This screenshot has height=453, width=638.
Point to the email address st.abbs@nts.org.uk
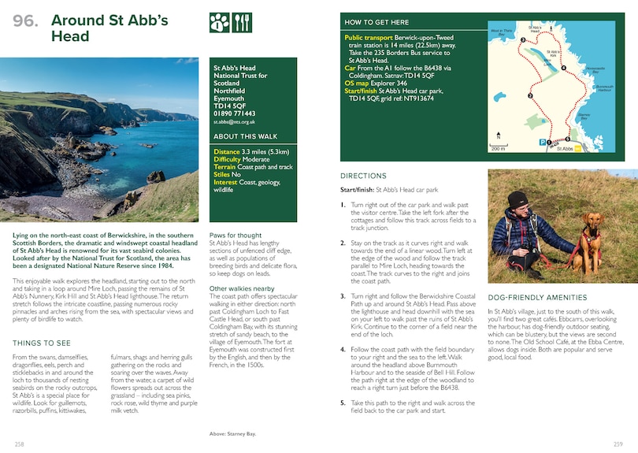(x=235, y=122)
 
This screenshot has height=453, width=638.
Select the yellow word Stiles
(x=224, y=174)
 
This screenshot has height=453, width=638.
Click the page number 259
(x=618, y=444)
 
